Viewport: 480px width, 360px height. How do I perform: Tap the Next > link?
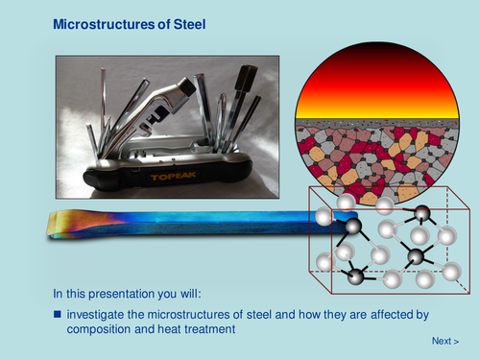tap(444, 341)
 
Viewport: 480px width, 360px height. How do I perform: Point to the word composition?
tap(103, 329)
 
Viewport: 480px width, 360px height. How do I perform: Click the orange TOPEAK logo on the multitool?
tap(179, 178)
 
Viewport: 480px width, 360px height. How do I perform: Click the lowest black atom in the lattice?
tap(356, 276)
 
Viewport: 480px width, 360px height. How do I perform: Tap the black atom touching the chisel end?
tap(353, 227)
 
